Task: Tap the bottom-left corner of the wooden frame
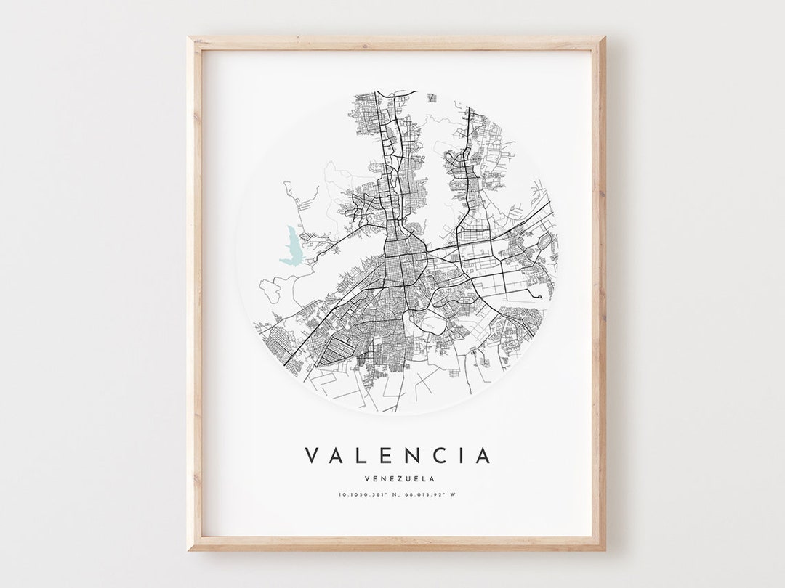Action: click(x=188, y=550)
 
